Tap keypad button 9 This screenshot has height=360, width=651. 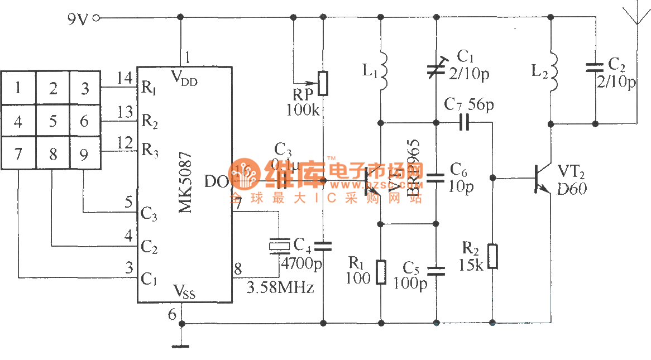84,153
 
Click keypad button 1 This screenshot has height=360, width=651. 18,88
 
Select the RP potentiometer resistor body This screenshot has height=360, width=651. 323,83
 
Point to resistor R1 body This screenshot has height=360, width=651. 381,272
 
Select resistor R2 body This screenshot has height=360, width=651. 492,256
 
